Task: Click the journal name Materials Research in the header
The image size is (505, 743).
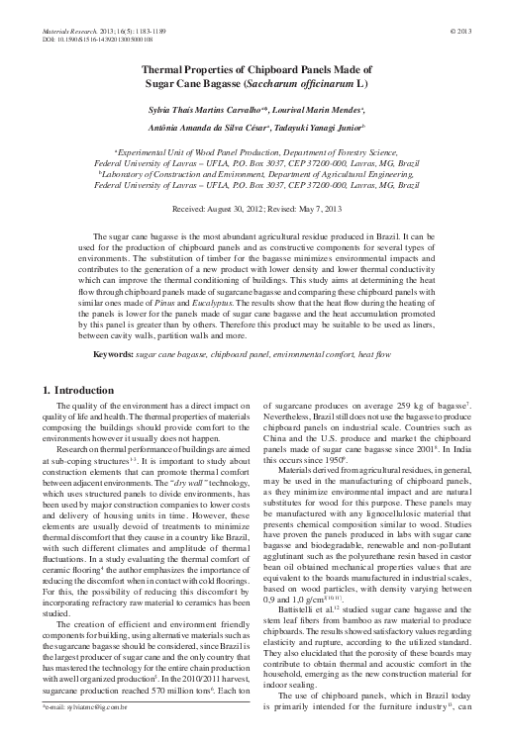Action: click(x=73, y=32)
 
